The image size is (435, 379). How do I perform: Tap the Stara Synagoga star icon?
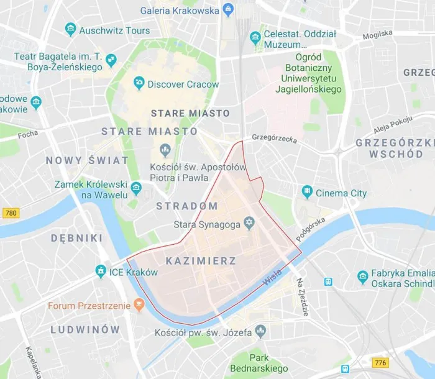(250, 222)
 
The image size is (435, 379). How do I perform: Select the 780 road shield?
(11, 213)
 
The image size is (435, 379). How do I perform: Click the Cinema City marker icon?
(306, 192)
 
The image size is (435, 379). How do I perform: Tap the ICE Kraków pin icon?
(101, 272)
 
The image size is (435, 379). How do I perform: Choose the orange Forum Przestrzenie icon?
(140, 305)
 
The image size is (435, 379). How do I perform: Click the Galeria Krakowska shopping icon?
(229, 10)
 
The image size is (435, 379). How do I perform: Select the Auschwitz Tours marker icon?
(71, 29)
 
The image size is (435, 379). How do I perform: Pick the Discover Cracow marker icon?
(139, 83)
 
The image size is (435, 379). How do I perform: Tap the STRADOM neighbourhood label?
(186, 206)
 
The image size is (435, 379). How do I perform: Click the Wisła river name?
(271, 277)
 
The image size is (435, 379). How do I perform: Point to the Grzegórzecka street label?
(274, 138)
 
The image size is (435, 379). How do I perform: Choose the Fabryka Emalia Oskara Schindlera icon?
(364, 275)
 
